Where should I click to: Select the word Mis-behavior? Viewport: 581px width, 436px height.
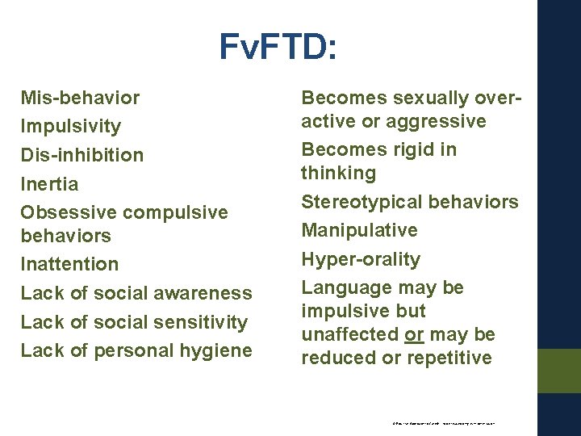tap(80, 98)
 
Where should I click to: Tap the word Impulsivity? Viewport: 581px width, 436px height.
tap(71, 126)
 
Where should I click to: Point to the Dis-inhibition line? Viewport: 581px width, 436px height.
tap(82, 154)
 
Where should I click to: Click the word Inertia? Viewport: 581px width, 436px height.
tap(50, 183)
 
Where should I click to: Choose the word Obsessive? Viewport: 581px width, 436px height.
tap(69, 212)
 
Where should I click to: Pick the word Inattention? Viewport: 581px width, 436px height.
tap(69, 264)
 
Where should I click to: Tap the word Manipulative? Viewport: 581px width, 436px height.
tap(359, 230)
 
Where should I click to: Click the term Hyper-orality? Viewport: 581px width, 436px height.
tap(361, 259)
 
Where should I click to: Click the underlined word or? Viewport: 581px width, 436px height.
tap(415, 334)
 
